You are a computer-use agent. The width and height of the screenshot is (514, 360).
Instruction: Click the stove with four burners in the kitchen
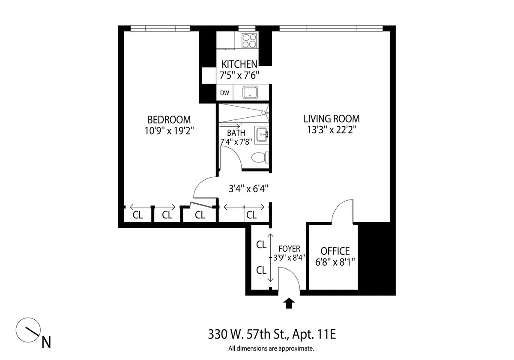(248, 41)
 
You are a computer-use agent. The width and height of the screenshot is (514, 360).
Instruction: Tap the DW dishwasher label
(224, 93)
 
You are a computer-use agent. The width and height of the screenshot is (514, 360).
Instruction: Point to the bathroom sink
(261, 134)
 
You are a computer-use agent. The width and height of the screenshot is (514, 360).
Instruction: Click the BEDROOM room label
(169, 119)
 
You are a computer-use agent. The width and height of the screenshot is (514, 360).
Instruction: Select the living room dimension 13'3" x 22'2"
(331, 130)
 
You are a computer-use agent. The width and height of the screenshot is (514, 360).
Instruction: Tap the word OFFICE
(335, 251)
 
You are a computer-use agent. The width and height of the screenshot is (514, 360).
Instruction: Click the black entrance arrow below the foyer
(290, 303)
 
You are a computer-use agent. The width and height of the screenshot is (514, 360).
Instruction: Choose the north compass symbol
(28, 330)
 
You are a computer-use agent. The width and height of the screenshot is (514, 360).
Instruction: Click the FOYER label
(289, 249)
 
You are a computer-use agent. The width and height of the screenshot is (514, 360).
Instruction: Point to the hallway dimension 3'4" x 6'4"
(248, 188)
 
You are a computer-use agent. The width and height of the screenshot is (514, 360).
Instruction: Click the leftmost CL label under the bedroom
(137, 215)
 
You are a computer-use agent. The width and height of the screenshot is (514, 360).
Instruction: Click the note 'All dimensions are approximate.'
(272, 348)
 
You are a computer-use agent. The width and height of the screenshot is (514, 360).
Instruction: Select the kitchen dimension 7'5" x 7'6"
(240, 75)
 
